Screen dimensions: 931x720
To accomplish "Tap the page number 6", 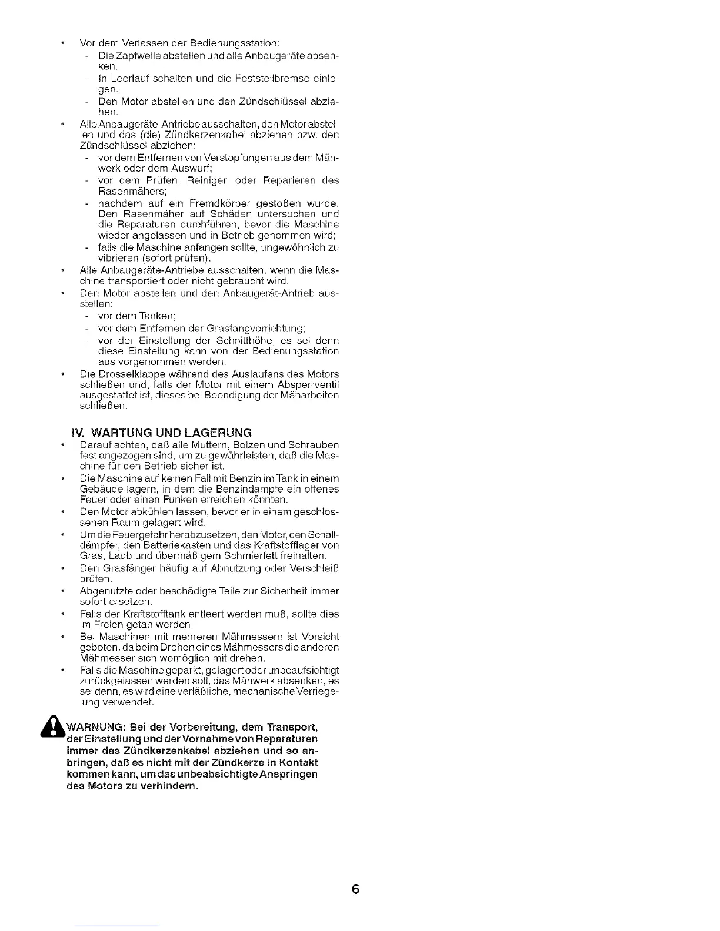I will coord(356,889).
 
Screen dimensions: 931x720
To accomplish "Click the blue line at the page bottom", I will coord(116,926).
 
